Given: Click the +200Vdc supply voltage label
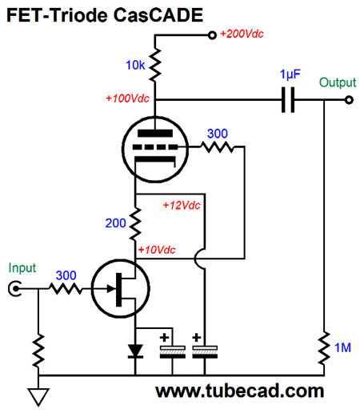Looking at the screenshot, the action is (242, 34).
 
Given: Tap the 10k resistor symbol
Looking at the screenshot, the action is (155, 65).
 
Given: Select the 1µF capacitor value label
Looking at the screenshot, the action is (290, 74).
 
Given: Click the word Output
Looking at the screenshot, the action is (338, 82).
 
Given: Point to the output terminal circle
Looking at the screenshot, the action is (349, 100).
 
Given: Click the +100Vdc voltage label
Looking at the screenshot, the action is (127, 98).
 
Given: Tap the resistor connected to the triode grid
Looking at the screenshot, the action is (218, 146).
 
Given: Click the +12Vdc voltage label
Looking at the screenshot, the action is (182, 205).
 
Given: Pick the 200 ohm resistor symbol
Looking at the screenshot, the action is (135, 223).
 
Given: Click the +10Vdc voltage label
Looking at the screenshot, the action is (157, 250).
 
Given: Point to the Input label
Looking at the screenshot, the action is (22, 267).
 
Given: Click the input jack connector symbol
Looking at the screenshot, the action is (14, 288).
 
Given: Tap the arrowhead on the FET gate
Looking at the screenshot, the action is (111, 288).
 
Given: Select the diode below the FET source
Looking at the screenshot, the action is (135, 351).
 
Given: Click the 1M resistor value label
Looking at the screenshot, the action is (342, 347).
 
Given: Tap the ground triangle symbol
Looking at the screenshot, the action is (38, 397).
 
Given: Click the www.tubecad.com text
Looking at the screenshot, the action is (240, 391).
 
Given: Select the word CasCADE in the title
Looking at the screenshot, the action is (158, 15).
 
